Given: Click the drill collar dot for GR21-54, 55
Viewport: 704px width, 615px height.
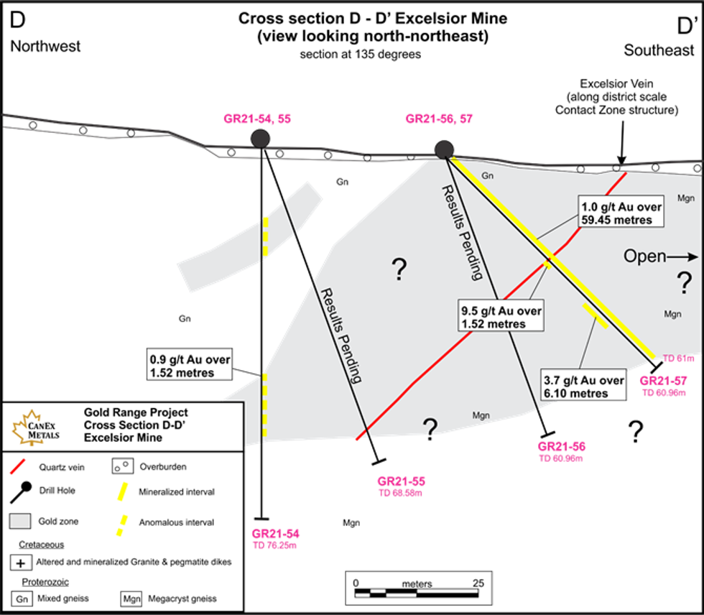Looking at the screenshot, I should coord(259,139).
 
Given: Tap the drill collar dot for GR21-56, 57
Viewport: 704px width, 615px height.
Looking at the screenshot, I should coord(445,149).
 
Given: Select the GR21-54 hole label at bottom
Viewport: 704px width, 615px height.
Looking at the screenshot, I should coord(275,534).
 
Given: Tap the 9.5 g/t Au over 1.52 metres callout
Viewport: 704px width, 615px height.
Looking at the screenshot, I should coord(500,317).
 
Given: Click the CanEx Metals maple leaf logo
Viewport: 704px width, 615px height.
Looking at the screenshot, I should coord(33,427).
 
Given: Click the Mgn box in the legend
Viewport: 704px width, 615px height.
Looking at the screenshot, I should coord(130,598).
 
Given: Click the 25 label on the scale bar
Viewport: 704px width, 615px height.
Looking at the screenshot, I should coord(478,583).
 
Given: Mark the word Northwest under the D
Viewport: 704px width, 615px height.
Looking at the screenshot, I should coord(45,47).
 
